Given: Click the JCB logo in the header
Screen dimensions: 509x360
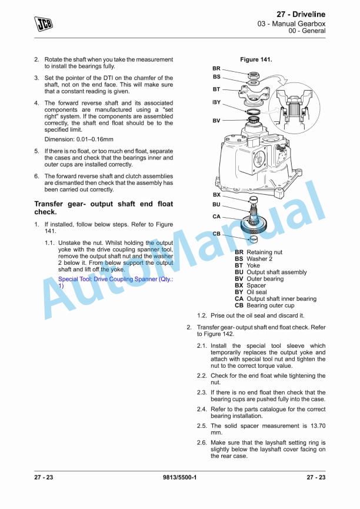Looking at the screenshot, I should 42,24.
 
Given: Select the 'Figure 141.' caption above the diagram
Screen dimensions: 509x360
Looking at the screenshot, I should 256,59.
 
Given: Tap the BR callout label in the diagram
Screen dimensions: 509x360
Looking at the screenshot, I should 216,68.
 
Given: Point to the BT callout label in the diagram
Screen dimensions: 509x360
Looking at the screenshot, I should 216,89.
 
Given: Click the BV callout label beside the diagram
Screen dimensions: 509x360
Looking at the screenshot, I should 216,121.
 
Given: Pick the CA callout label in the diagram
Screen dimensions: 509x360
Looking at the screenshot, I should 216,217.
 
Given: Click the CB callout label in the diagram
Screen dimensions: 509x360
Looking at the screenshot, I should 216,234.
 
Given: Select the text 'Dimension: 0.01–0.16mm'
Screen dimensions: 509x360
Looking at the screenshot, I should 79,139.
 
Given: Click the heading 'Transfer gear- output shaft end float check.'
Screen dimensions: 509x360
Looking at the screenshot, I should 104,208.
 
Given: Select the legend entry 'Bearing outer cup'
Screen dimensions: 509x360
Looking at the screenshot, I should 271,305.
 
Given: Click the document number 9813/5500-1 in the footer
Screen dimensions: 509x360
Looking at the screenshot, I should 179,477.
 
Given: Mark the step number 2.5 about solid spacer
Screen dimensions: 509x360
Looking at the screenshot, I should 202,425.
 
